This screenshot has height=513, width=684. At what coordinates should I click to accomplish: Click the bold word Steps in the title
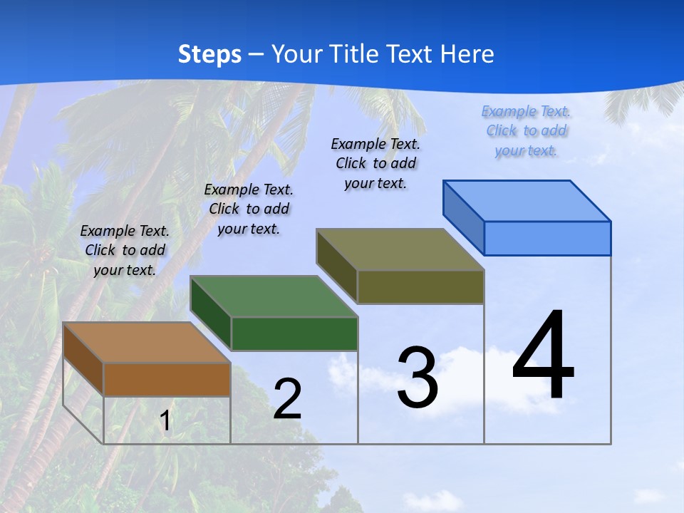point(209,54)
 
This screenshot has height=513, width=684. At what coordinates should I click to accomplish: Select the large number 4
point(543,356)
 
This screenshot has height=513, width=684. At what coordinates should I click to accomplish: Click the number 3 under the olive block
point(418,378)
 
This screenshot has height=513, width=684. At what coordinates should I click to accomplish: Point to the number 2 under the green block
point(287,399)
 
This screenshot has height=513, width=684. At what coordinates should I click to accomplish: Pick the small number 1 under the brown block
point(165,421)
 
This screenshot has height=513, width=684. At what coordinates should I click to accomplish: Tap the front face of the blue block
point(547,238)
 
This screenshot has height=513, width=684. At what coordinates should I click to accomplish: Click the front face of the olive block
point(420,286)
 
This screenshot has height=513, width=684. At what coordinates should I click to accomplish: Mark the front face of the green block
point(294,333)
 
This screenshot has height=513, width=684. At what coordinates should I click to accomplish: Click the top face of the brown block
point(147,343)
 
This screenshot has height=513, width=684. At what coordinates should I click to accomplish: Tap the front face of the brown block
point(167,379)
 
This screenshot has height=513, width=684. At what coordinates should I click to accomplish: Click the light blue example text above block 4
point(526,131)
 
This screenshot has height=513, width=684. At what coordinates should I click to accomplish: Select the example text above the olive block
point(375,163)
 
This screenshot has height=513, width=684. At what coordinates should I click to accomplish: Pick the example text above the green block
point(249,209)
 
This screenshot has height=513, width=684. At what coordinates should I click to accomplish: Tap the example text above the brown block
point(125,250)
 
